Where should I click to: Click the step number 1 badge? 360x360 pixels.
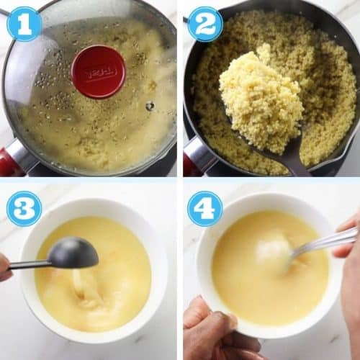tap(24, 24)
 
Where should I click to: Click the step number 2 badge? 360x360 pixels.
tap(205, 24)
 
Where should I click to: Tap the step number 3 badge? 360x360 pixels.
tap(24, 208)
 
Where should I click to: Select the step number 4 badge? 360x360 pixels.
tap(205, 208)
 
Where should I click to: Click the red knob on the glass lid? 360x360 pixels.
tap(98, 72)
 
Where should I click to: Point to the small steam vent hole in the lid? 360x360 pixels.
tap(150, 106)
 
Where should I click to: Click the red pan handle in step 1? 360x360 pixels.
tap(10, 163)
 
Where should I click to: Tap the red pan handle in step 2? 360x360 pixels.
tap(192, 164)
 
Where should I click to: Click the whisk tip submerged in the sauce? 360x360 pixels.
tap(277, 252)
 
